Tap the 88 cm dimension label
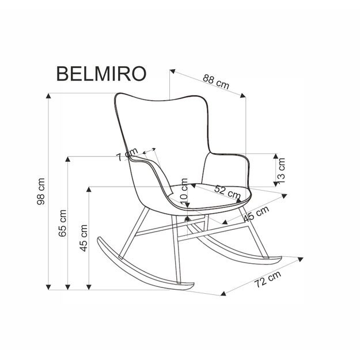pos(216,82)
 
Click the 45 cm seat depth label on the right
pos(256,215)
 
